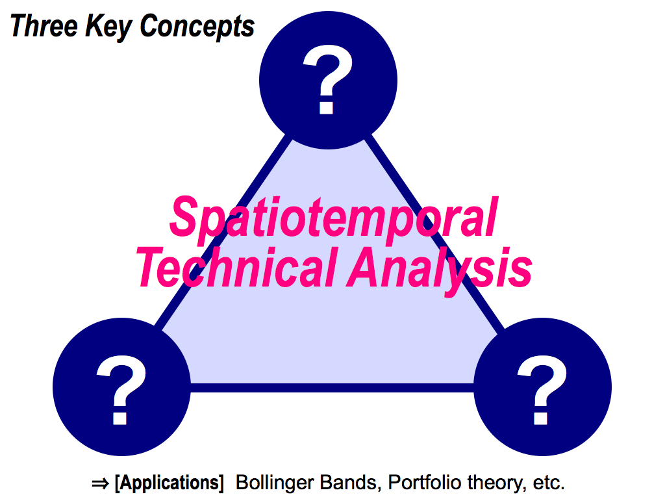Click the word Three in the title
(x=44, y=25)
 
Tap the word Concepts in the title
(x=197, y=27)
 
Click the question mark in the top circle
(x=328, y=79)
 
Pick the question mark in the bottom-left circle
(x=121, y=390)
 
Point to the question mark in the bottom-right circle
(x=542, y=390)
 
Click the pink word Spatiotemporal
(x=334, y=220)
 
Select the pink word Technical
(x=236, y=267)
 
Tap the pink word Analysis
(x=440, y=271)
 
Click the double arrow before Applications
(x=100, y=483)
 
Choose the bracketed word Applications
(x=169, y=483)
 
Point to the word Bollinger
(x=275, y=483)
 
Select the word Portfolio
(x=425, y=483)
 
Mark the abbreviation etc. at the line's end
(x=549, y=483)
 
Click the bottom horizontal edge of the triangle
(x=332, y=387)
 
